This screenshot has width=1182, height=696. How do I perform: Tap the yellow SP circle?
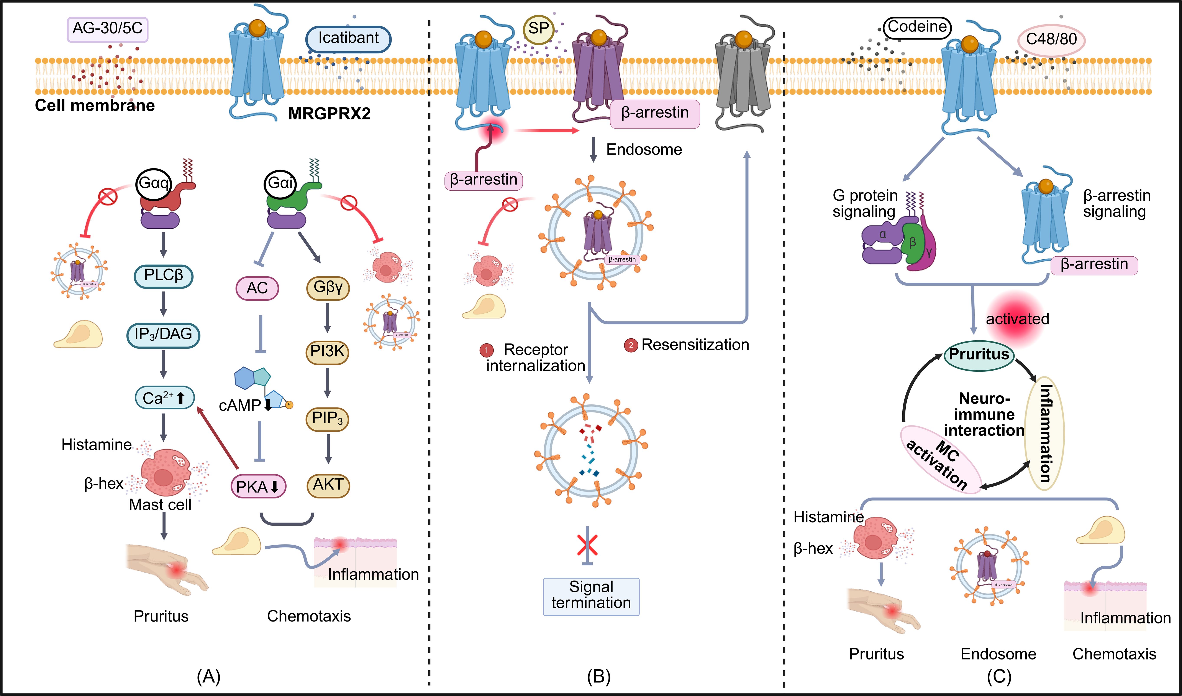(x=538, y=29)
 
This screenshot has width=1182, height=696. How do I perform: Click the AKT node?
(x=328, y=485)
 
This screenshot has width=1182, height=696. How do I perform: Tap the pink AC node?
(x=257, y=288)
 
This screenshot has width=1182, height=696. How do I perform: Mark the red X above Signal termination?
(x=587, y=545)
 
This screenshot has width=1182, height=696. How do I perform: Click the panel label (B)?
(x=598, y=676)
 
